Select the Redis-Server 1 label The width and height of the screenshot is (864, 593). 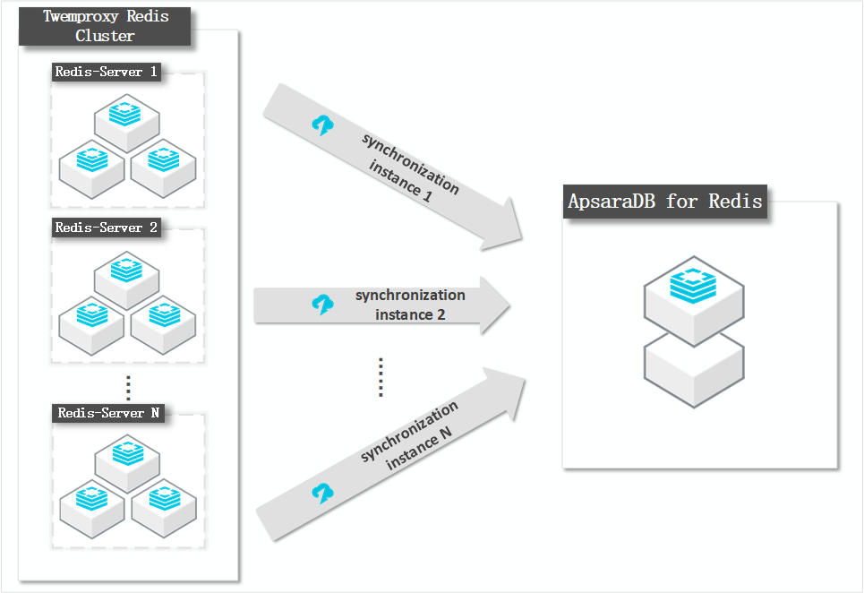[107, 73]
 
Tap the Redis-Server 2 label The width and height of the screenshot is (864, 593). [107, 228]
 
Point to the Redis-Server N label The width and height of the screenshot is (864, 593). [108, 413]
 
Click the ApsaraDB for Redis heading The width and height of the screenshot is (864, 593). [665, 201]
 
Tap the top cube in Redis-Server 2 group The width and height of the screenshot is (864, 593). [127, 272]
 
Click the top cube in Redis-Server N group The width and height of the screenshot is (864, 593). [127, 458]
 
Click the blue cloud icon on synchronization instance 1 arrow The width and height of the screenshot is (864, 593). [321, 125]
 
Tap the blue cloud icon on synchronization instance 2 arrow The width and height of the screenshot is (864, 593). [321, 305]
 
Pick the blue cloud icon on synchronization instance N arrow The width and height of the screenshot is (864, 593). [321, 492]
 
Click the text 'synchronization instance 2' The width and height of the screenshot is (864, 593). [410, 305]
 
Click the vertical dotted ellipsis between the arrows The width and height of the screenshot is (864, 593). [381, 376]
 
